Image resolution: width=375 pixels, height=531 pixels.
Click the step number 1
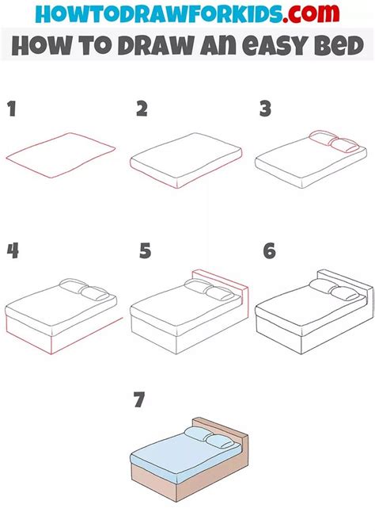pyautogui.click(x=13, y=109)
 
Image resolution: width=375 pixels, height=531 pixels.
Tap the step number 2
pyautogui.click(x=142, y=109)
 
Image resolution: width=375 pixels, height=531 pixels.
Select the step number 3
pyautogui.click(x=266, y=109)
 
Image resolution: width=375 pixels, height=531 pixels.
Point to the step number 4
pyautogui.click(x=13, y=251)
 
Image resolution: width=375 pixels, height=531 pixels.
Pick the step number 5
pyautogui.click(x=146, y=251)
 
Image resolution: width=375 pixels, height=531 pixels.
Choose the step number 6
pyautogui.click(x=270, y=251)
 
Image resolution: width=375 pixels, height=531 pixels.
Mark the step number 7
pyautogui.click(x=139, y=399)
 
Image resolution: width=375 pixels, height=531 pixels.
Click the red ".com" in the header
pyautogui.click(x=311, y=13)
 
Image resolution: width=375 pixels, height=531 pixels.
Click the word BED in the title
pyautogui.click(x=339, y=46)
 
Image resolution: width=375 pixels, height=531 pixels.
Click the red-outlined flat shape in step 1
pyautogui.click(x=61, y=155)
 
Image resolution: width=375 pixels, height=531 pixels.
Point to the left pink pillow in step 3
pyautogui.click(x=324, y=137)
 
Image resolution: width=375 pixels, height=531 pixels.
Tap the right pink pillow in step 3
pyautogui.click(x=344, y=145)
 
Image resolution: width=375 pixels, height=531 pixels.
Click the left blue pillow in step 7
pyautogui.click(x=198, y=434)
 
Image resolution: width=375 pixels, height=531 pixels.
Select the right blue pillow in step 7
pyautogui.click(x=219, y=441)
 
